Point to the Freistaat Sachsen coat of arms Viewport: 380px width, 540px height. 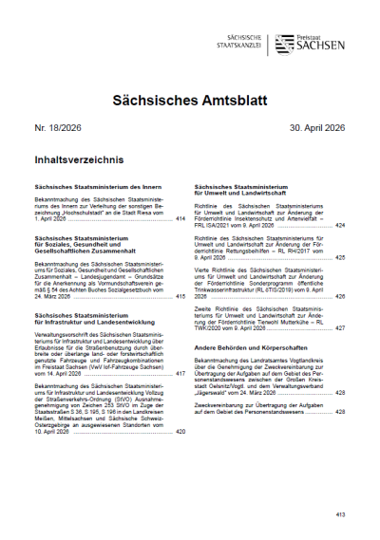282,44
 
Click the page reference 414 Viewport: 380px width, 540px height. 180,218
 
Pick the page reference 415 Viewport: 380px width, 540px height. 180,297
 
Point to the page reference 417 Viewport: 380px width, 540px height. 180,374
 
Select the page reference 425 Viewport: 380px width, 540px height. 339,257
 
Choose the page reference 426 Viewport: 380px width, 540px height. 339,297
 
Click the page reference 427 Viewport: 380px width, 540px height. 339,327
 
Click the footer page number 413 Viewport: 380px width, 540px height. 338,513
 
